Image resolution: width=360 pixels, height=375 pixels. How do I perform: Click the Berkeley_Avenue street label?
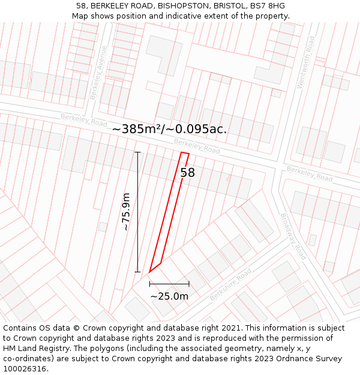pyautogui.click(x=98, y=72)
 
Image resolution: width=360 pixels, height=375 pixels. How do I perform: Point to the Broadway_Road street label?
pyautogui.click(x=293, y=236)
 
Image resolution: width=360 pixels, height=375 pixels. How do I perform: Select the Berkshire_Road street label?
pyautogui.click(x=231, y=284)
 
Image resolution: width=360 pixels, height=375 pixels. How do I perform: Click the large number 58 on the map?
pyautogui.click(x=188, y=173)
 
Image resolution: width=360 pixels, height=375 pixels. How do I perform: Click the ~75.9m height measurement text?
pyautogui.click(x=126, y=211)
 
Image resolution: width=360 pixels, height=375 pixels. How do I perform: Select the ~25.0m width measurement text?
pyautogui.click(x=169, y=296)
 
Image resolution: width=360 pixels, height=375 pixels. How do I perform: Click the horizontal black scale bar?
pyautogui.click(x=169, y=284)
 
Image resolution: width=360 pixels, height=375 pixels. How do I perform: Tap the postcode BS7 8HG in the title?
pyautogui.click(x=268, y=6)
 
